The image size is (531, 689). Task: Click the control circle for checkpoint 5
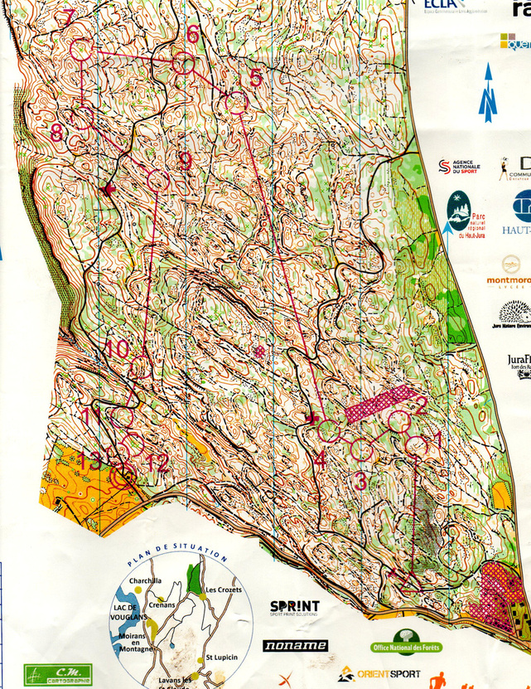point(238,103)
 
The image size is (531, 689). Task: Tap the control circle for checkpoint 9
point(158,180)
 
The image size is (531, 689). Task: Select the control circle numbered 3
point(360,450)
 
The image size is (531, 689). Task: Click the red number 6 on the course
point(192,35)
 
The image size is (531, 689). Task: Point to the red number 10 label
point(118,349)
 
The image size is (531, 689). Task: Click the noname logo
point(295,645)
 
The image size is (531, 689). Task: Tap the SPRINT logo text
point(294,608)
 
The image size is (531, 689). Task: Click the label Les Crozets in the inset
point(222,590)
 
